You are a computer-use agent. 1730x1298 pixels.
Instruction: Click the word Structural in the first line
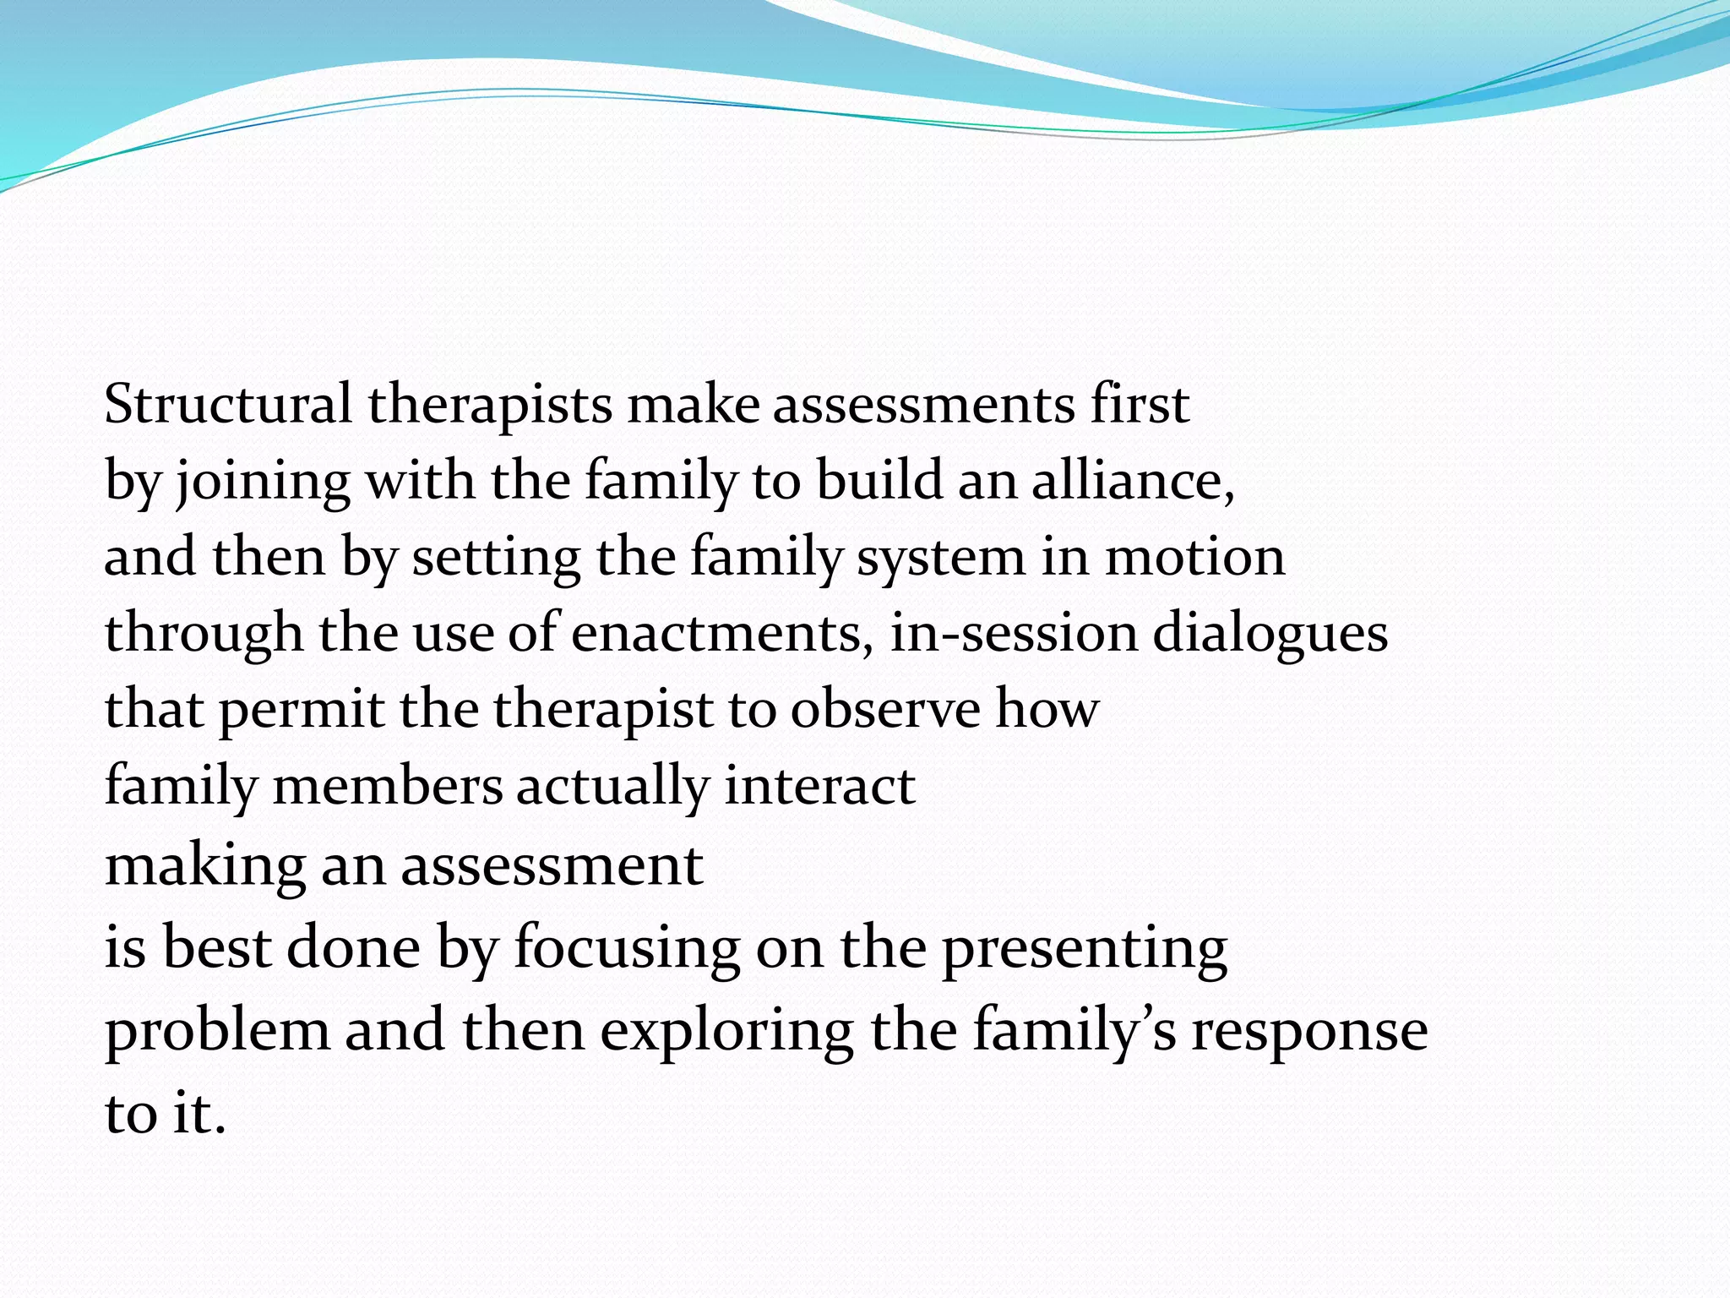[x=228, y=404]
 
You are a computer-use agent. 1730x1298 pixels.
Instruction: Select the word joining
[x=263, y=482]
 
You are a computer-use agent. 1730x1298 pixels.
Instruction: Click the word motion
[x=1194, y=558]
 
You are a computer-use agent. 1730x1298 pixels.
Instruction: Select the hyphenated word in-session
[x=1014, y=634]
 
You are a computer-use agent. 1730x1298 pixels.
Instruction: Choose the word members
[x=388, y=786]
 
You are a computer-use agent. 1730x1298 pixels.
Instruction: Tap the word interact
[x=819, y=786]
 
